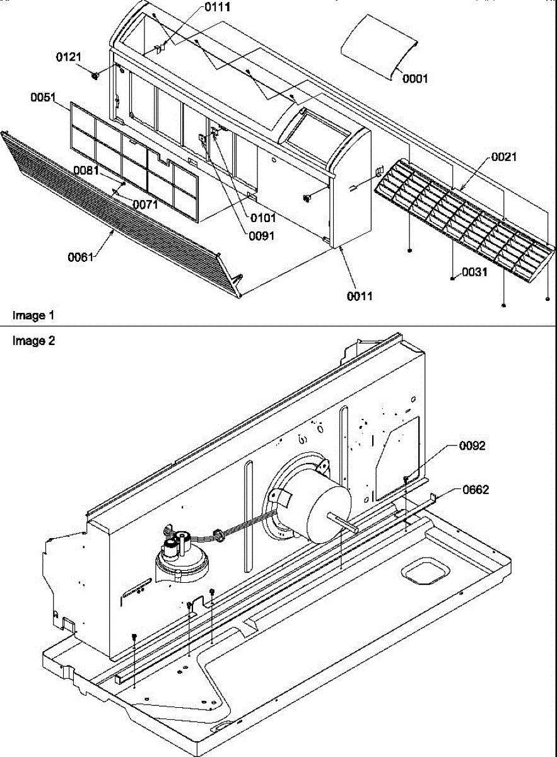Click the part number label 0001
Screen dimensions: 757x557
(x=416, y=79)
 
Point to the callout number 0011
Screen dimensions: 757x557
(x=358, y=295)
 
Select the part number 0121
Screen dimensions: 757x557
(x=69, y=57)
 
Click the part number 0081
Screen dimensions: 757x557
(x=85, y=170)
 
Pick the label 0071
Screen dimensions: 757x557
(x=145, y=204)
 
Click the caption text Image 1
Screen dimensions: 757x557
(x=29, y=315)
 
